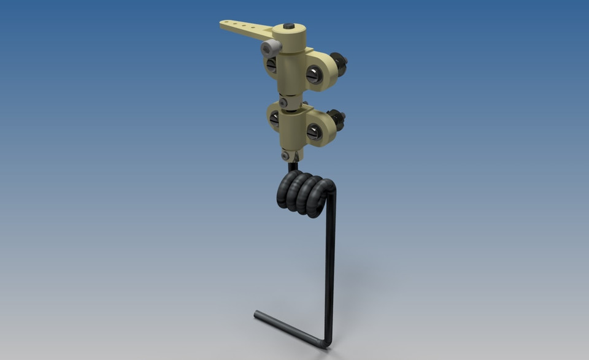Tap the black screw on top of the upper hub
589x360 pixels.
click(289, 26)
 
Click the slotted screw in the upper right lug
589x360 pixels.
click(314, 75)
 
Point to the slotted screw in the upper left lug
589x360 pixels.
click(271, 65)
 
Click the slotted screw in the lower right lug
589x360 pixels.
click(314, 131)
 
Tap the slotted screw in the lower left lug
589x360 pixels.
click(274, 120)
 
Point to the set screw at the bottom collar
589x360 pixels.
click(285, 156)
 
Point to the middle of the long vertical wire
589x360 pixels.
click(331, 264)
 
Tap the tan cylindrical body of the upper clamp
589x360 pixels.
click(289, 67)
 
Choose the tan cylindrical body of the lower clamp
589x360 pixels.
click(291, 129)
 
